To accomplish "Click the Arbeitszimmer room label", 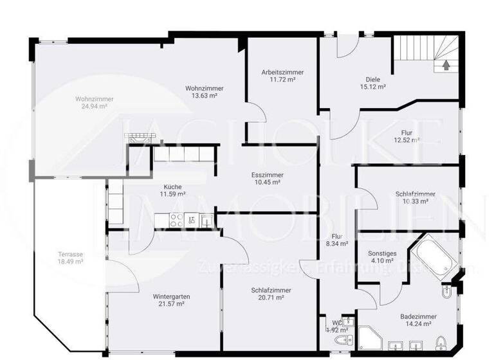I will pos(282,76).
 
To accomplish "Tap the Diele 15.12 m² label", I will pos(372,82).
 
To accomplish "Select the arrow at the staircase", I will pos(445,65).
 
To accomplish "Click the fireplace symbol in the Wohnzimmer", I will pos(138,136).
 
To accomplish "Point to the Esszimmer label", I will pos(268,178).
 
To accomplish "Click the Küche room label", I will pos(172,190).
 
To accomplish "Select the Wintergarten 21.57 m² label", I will pos(171,300).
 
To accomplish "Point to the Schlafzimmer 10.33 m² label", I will pos(415,197).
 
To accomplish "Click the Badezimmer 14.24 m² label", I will pos(418,320).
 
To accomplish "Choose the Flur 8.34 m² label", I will pos(338,240).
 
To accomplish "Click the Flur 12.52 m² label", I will pos(407,137).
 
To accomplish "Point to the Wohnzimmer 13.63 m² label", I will pos(204,92).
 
